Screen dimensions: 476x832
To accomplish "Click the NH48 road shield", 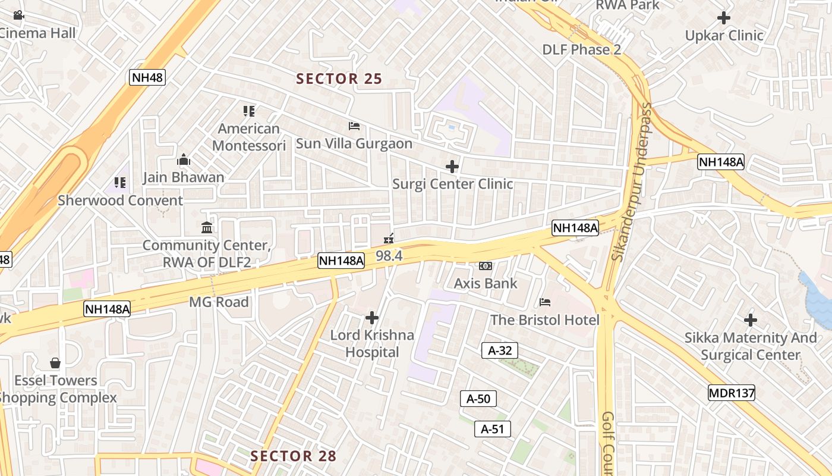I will click(147, 77).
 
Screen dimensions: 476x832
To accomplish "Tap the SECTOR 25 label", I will click(339, 79).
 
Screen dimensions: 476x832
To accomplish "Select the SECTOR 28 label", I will click(294, 456).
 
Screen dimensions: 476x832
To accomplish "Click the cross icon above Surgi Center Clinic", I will click(452, 167).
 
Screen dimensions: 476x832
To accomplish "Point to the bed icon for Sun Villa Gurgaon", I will click(354, 126).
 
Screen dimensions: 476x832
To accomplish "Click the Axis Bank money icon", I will click(486, 266).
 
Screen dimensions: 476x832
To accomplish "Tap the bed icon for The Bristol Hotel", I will click(545, 302).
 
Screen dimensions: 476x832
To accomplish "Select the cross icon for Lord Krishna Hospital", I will click(372, 318).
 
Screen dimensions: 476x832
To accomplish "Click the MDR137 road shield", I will click(732, 393).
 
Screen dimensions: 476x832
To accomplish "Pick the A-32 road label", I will click(500, 350).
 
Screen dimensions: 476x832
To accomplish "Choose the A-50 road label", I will click(478, 399).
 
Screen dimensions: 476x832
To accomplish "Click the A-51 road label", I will click(493, 429).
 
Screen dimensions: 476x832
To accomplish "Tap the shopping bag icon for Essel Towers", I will click(55, 363).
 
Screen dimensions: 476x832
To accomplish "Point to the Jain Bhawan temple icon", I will click(184, 160).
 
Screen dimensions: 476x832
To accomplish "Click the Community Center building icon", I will click(207, 227).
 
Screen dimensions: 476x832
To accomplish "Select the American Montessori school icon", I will click(249, 111).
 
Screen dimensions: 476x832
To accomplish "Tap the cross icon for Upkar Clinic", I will click(724, 18).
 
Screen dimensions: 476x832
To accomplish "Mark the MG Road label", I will click(219, 302).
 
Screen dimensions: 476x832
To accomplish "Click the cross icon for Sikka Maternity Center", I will click(751, 320).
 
